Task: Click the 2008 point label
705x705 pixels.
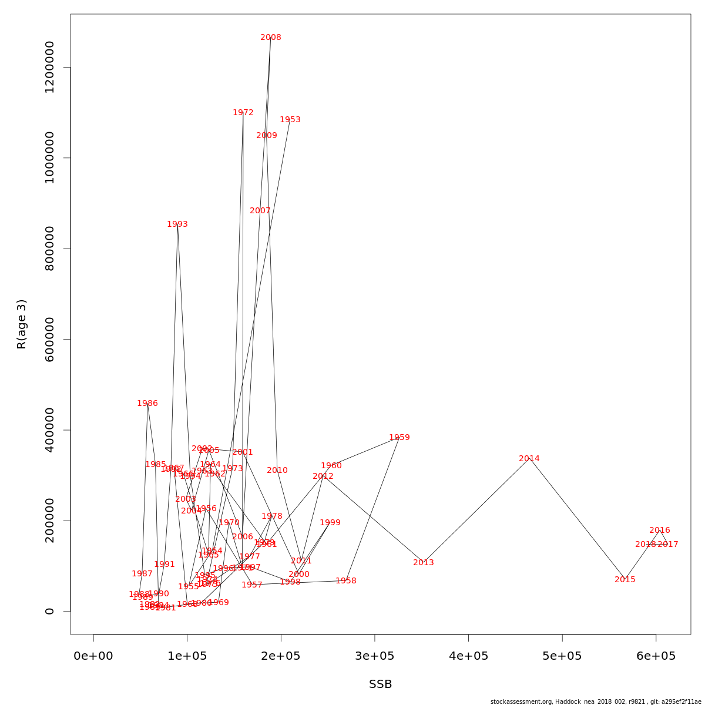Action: point(271,38)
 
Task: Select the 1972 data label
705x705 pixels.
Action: point(243,113)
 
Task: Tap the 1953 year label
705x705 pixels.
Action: point(290,120)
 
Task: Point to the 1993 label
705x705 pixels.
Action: point(177,224)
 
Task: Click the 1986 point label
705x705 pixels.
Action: point(147,404)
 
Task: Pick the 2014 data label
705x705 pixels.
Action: point(529,459)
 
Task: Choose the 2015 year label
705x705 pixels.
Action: point(625,580)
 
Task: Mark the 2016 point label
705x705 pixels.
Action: point(660,531)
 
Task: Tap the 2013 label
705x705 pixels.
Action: point(424,563)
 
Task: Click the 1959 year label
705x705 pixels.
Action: point(399,438)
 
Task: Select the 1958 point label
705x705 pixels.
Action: point(346,581)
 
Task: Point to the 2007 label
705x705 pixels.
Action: point(260,211)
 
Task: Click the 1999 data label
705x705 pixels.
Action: point(330,523)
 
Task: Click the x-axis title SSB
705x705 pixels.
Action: point(380,684)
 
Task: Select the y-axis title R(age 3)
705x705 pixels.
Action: point(22,324)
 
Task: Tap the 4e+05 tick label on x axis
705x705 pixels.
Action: point(469,656)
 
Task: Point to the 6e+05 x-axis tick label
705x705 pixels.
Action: point(656,656)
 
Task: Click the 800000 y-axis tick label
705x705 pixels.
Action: point(50,249)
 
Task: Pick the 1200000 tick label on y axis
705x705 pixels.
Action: point(50,67)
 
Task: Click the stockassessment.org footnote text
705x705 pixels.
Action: point(596,701)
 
